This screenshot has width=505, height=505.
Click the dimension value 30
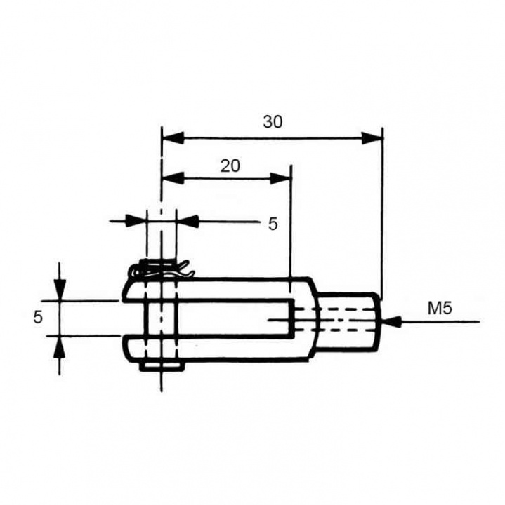coord(273,121)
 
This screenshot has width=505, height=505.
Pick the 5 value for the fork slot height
coord(38,317)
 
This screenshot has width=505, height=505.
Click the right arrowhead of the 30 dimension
coord(372,137)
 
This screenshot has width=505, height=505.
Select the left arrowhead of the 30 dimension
coord(173,137)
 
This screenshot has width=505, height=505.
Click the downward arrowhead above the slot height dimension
coord(60,290)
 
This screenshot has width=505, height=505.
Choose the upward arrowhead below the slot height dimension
coord(60,346)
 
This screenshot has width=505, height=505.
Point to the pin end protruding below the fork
coord(161,365)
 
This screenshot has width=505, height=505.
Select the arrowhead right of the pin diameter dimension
coord(187,222)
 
